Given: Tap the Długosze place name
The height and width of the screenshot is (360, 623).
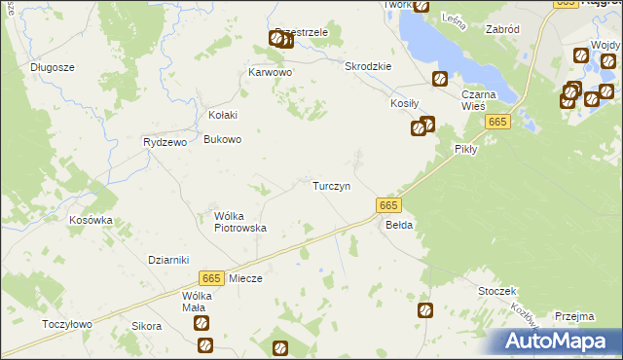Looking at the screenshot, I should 53,67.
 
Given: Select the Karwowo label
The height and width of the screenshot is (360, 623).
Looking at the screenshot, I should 271,72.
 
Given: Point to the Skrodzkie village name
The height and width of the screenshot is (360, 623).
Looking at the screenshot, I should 368,66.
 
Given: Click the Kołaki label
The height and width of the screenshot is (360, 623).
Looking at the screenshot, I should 222,115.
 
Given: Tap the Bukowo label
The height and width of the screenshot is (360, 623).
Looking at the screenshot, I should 222,139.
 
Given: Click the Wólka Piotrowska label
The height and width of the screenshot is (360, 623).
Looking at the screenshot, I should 239,222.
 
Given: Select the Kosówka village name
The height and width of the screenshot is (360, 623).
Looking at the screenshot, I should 91,220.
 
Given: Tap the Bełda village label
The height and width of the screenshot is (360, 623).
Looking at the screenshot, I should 399,225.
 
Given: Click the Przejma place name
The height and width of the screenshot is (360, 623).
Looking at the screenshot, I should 574,315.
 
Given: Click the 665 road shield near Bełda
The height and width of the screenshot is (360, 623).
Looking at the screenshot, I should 387,205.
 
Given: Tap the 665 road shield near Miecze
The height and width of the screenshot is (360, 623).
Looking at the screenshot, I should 212,278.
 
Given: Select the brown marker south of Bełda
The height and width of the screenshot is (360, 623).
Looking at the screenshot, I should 425,310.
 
